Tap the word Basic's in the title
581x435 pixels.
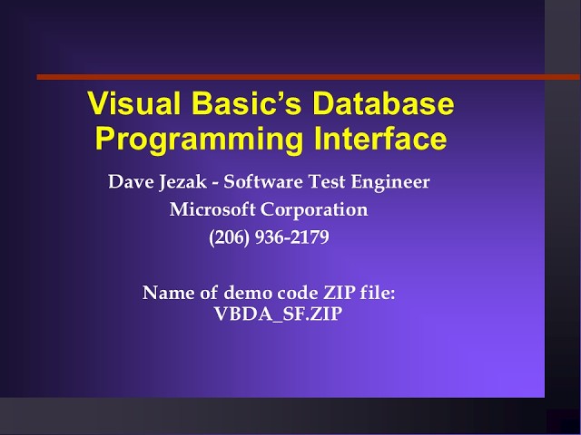tap(240, 104)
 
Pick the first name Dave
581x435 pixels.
tap(127, 182)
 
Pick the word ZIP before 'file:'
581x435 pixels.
tap(331, 294)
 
